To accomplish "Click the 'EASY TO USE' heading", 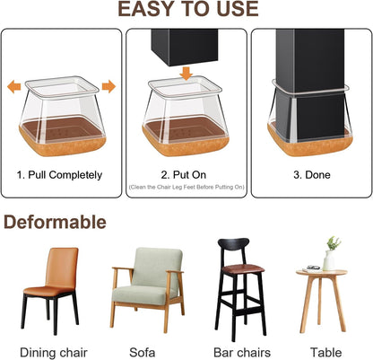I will [x=186, y=11].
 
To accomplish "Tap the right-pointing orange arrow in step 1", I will [x=108, y=87].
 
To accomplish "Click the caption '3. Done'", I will [x=310, y=173].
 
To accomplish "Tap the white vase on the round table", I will [x=329, y=261].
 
